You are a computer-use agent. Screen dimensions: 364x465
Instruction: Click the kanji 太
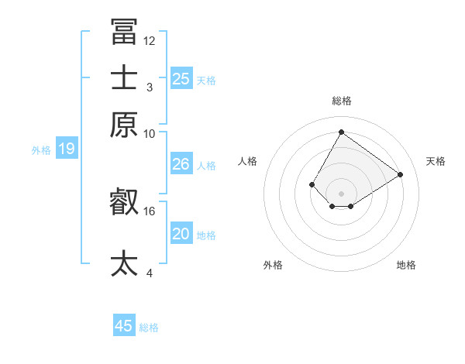pyautogui.click(x=124, y=263)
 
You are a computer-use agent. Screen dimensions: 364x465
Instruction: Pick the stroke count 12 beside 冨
pyautogui.click(x=150, y=40)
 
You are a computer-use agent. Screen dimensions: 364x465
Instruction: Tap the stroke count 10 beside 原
pyautogui.click(x=150, y=133)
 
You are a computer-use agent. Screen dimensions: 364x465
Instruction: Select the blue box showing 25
pyautogui.click(x=181, y=78)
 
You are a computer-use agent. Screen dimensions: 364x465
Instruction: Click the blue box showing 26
pyautogui.click(x=181, y=164)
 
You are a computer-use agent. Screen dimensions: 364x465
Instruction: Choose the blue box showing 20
pyautogui.click(x=181, y=234)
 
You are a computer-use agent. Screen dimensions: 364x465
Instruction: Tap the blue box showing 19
pyautogui.click(x=67, y=149)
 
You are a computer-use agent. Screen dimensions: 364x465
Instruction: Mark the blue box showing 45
pyautogui.click(x=124, y=326)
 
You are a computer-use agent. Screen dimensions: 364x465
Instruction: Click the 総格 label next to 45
pyautogui.click(x=150, y=328)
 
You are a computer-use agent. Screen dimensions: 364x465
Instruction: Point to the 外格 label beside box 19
pyautogui.click(x=41, y=150)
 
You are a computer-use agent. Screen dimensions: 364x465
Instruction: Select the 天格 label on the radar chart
pyautogui.click(x=436, y=161)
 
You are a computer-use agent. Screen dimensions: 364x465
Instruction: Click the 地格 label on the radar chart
pyautogui.click(x=406, y=265)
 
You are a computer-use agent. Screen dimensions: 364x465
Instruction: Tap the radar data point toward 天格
pyautogui.click(x=401, y=175)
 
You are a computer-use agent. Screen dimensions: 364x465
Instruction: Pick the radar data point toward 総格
pyautogui.click(x=341, y=132)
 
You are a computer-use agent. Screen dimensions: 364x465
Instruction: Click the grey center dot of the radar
pyautogui.click(x=341, y=194)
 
